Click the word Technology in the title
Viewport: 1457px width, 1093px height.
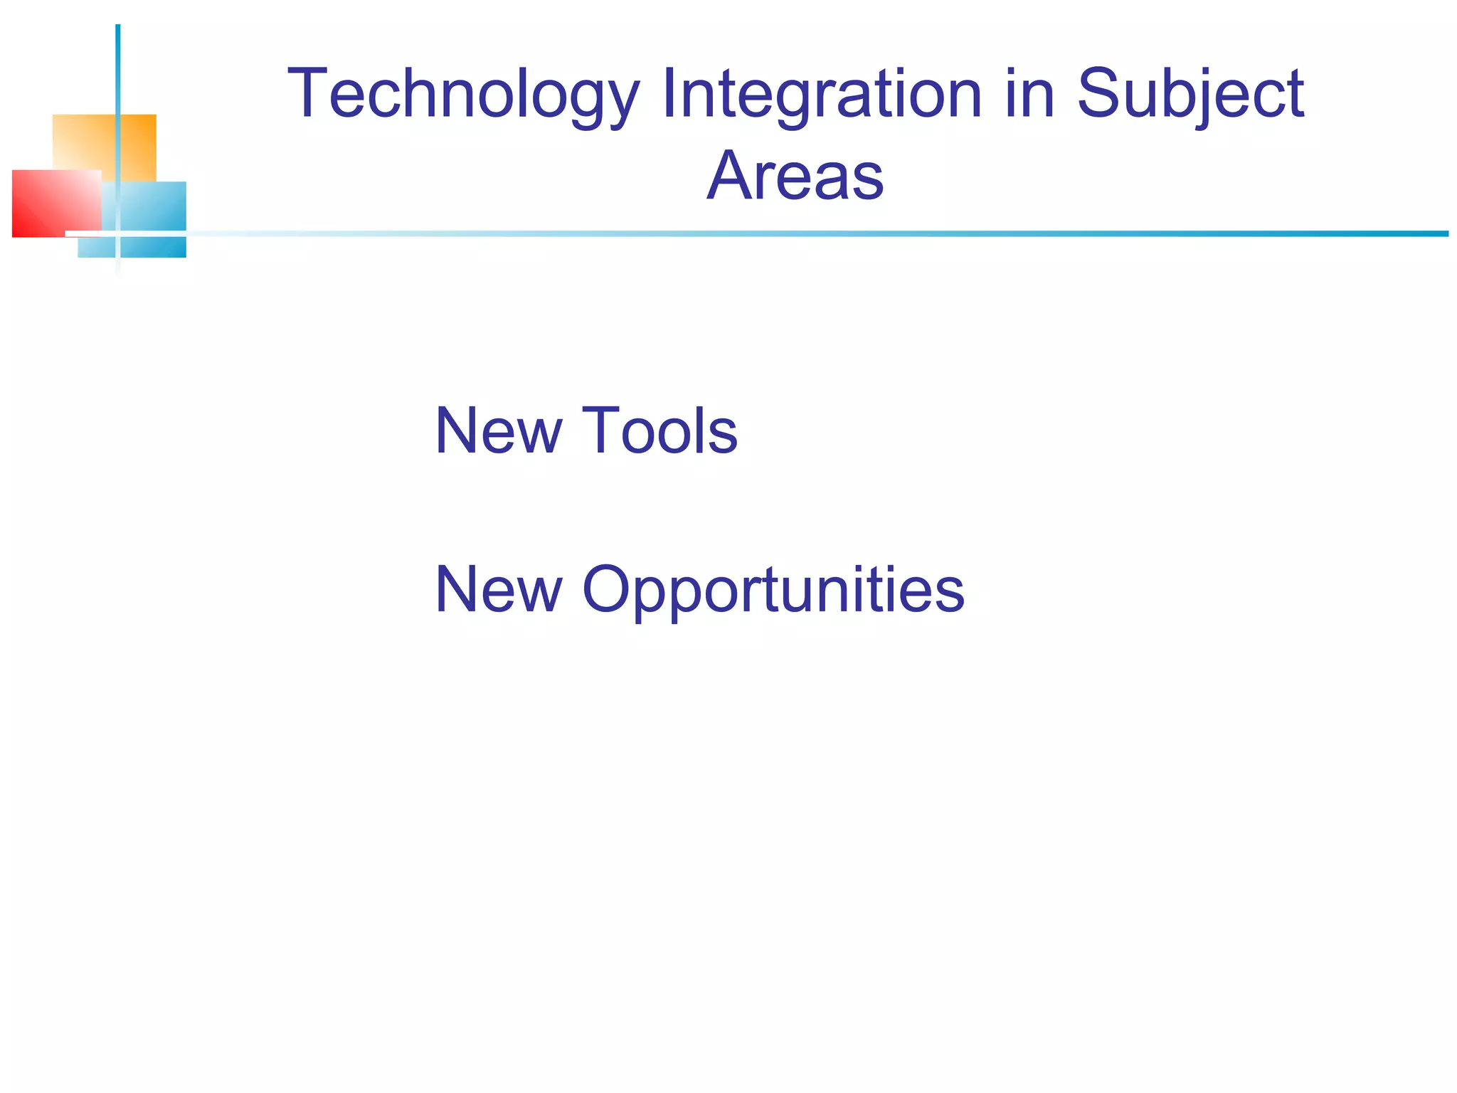click(463, 94)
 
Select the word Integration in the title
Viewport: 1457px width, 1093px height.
click(822, 94)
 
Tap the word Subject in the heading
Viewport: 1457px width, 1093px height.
click(1190, 94)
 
